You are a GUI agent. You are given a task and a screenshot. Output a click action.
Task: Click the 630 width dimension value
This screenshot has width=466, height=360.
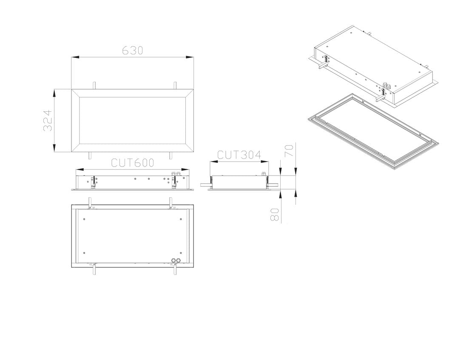133,51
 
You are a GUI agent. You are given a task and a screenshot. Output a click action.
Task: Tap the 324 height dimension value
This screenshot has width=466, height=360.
48,121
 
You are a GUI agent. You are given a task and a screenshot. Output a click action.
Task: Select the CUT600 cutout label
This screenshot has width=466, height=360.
133,163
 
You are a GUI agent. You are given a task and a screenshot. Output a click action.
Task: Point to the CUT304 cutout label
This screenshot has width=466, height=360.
239,155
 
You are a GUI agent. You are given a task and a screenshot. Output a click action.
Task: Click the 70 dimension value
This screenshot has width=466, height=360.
289,150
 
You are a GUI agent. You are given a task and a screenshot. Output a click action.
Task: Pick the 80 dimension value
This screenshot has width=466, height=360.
275,215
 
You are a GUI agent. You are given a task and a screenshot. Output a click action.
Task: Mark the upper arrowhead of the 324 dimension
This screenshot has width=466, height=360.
54,93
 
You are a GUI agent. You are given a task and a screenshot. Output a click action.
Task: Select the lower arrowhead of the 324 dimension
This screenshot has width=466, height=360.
54,148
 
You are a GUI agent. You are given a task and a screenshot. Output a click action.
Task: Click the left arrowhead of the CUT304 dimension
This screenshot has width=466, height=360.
214,162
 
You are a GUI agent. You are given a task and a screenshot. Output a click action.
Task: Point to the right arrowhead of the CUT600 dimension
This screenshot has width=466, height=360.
185,170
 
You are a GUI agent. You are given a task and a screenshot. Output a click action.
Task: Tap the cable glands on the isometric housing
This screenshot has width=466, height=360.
386,85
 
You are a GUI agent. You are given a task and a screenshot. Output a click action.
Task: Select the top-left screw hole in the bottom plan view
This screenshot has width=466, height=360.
85,219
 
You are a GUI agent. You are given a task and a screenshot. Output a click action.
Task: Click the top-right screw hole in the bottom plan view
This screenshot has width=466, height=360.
181,219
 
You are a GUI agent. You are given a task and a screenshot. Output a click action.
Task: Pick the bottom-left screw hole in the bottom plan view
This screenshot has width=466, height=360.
85,253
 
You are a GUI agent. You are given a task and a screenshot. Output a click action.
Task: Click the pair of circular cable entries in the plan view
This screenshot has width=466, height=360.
176,260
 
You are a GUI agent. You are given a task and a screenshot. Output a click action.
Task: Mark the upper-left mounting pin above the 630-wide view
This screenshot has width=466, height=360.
94,85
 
